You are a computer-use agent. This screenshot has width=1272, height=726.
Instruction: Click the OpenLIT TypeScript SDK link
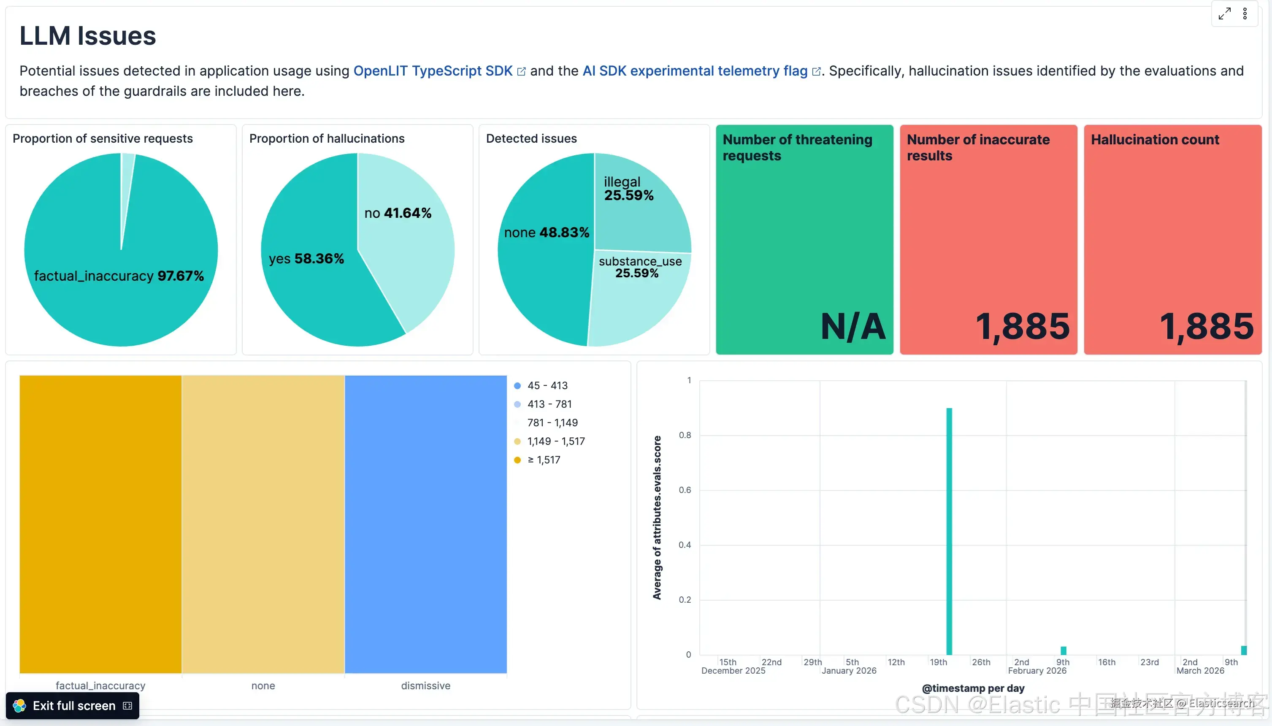(x=433, y=71)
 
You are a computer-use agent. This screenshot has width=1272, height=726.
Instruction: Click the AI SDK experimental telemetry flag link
(x=695, y=71)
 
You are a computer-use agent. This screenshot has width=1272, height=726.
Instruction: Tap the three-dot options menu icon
(x=1245, y=14)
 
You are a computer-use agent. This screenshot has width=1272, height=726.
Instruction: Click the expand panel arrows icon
(x=1224, y=14)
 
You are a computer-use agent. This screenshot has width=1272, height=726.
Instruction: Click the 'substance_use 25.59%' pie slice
(x=638, y=299)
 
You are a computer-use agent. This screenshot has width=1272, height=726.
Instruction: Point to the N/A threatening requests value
(x=853, y=327)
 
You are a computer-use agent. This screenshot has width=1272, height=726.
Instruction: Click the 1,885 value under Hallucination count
(x=1206, y=327)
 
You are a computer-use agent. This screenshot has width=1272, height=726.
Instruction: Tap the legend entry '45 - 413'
(x=547, y=385)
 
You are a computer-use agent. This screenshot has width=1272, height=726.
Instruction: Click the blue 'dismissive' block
(x=426, y=523)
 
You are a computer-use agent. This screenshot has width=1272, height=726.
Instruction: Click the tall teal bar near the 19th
(x=949, y=531)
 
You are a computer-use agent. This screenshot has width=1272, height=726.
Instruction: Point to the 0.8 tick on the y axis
(x=685, y=435)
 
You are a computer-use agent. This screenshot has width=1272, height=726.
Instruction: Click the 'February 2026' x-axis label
(x=1037, y=671)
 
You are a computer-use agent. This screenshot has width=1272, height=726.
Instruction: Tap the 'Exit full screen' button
(x=73, y=706)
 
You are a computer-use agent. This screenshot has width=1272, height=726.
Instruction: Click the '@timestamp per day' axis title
(x=973, y=688)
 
